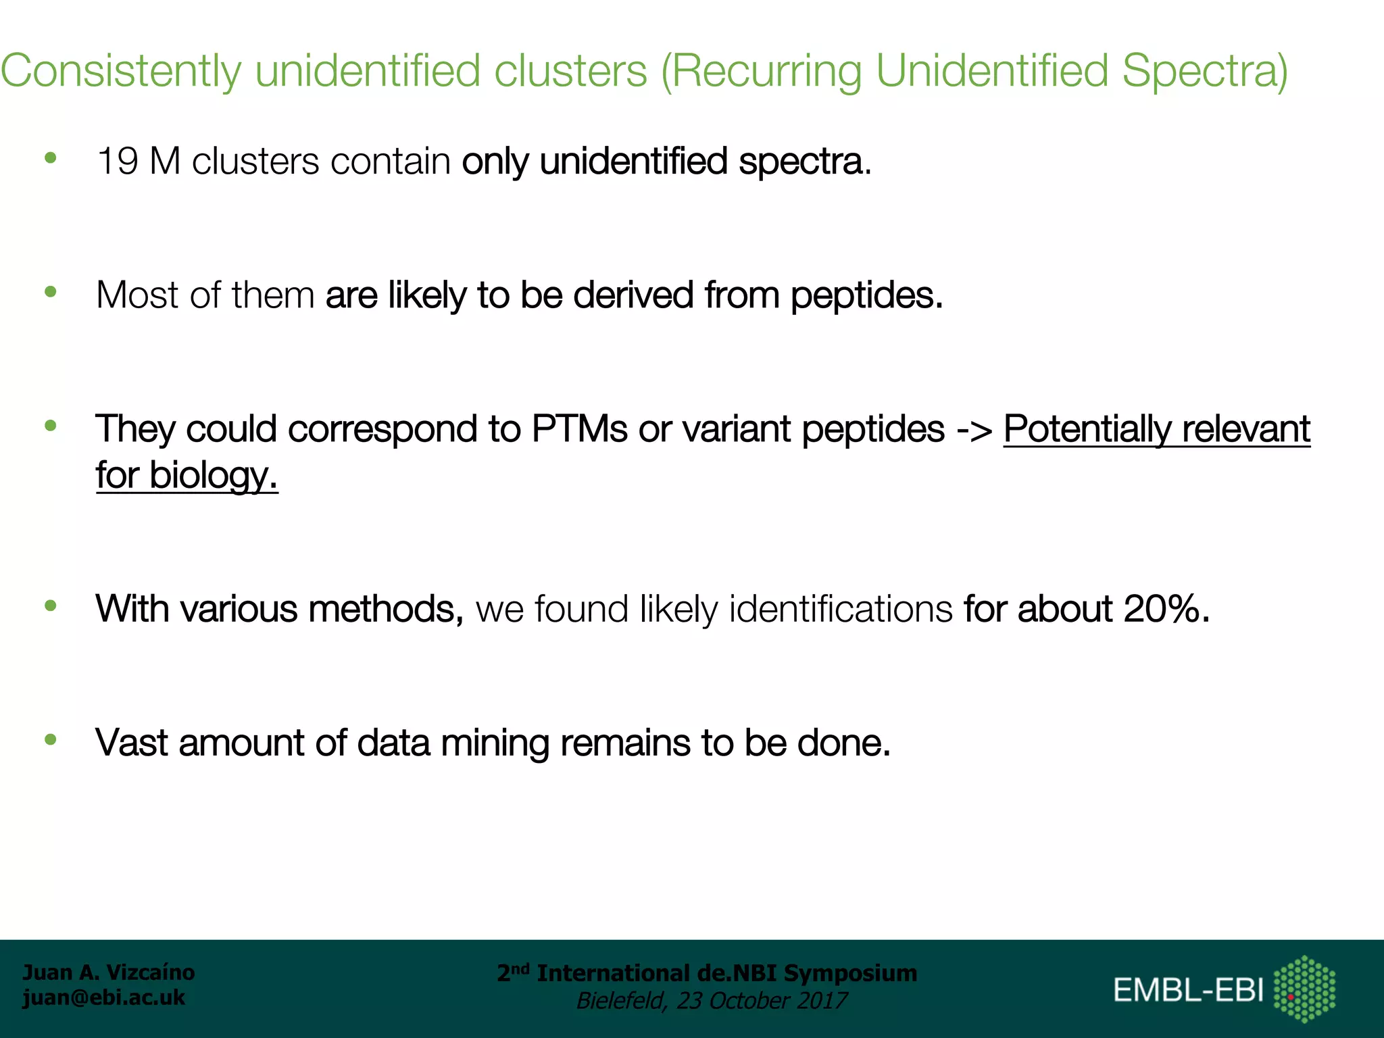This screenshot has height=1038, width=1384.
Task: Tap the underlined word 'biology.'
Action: tap(214, 476)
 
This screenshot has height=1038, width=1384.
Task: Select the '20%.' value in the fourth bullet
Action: tap(1166, 609)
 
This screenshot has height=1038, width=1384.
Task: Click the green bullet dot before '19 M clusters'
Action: tap(50, 159)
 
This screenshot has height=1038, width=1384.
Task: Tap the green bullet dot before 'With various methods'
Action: tap(50, 606)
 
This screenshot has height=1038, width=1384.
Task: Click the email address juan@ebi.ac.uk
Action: tap(103, 997)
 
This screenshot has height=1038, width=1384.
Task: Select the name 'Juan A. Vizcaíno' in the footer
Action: tap(109, 972)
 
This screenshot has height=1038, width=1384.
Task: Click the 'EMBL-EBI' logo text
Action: tap(1188, 991)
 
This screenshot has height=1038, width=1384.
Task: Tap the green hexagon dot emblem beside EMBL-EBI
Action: tap(1304, 989)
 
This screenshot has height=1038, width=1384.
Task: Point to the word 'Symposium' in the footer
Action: tap(850, 973)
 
